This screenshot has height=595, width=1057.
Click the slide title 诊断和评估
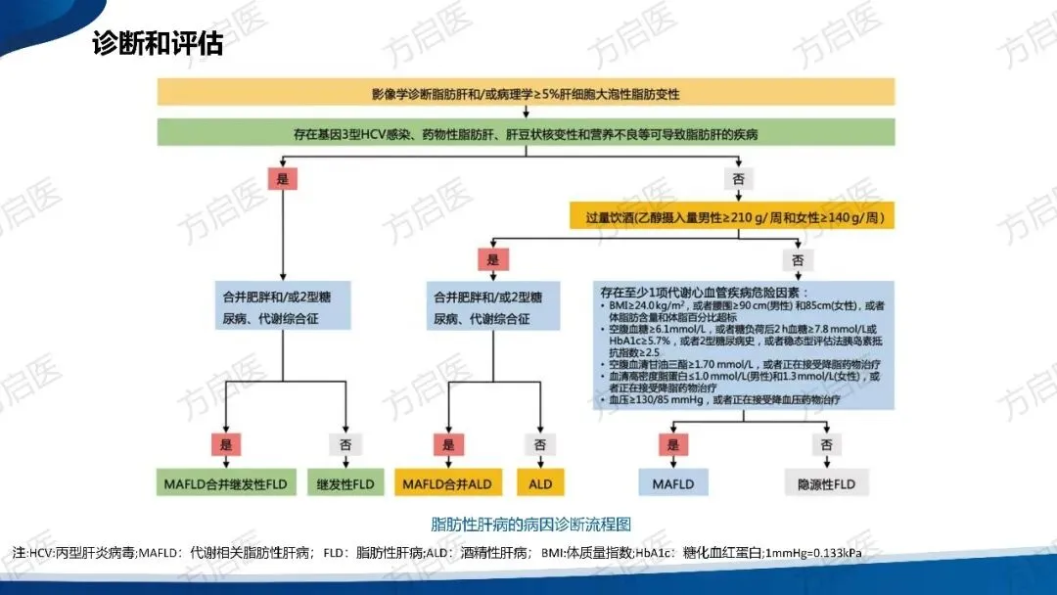[x=158, y=45]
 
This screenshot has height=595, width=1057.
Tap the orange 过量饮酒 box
[x=732, y=215]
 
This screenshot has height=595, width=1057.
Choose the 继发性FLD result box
[x=345, y=483]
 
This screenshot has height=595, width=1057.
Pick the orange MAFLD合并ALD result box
[x=447, y=483]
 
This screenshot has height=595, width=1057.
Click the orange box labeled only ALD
[x=540, y=483]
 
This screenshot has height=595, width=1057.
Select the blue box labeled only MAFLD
[x=672, y=483]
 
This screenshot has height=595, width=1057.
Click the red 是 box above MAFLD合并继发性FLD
[x=225, y=444]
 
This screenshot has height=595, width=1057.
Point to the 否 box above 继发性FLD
[x=345, y=444]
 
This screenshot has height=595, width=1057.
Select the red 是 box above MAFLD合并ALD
[x=447, y=444]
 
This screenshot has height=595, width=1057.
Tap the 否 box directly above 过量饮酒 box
[x=738, y=178]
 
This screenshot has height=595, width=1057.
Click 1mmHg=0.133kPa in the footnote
[x=814, y=554]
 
